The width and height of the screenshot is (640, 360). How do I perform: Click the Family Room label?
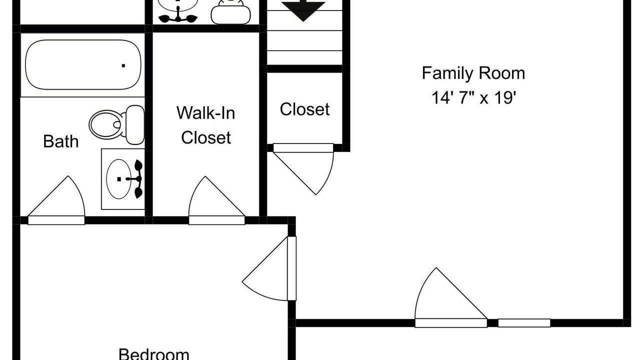(473, 73)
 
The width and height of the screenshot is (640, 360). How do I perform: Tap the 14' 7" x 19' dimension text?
(473, 97)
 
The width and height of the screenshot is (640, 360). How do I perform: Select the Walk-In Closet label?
(205, 125)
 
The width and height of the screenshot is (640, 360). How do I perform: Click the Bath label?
(61, 141)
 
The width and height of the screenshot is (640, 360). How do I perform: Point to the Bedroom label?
(153, 354)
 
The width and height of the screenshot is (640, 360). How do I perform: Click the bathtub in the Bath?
(83, 64)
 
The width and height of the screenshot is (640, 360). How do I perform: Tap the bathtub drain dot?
(123, 65)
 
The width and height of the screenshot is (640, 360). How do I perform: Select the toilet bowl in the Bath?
(106, 124)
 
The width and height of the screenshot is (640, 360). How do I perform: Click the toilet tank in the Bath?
(135, 125)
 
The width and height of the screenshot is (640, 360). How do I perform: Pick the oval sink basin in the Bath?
(119, 179)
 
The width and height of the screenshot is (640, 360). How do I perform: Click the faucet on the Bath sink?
(136, 179)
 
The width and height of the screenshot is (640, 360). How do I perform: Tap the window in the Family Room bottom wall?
(524, 323)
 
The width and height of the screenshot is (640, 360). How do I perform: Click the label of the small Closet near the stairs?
(304, 109)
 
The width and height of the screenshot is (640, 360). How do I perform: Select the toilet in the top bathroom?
(231, 12)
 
